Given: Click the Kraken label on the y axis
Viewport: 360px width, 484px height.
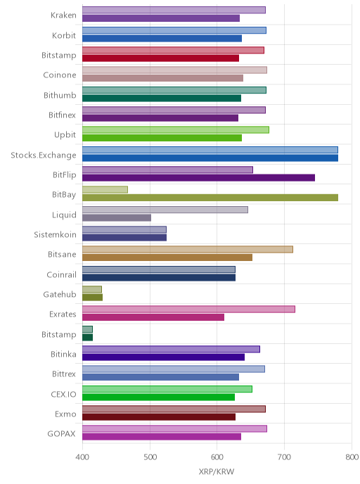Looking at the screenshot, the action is [63, 15].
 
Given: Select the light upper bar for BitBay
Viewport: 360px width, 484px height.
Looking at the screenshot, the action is [105, 189].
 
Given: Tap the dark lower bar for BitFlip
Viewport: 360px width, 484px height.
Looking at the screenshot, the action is [199, 178].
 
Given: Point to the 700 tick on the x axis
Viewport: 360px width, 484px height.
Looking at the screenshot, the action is [284, 457].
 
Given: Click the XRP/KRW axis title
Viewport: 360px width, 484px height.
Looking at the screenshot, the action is [217, 471].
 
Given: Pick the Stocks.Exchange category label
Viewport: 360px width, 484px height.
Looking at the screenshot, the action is [43, 155].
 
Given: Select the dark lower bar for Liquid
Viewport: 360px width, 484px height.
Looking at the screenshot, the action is [117, 217].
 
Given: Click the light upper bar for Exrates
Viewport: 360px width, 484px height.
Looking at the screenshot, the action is [188, 309].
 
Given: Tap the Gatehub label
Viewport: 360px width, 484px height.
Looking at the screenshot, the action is [60, 295].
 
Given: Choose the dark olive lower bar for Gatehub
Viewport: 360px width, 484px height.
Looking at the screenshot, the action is [92, 298].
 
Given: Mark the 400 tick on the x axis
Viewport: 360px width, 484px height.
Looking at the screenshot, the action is [82, 457].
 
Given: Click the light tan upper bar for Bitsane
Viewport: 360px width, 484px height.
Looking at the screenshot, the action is [188, 250].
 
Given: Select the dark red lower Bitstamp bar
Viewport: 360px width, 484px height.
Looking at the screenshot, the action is [160, 58].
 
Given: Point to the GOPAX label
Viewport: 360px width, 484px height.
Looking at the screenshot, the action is [61, 434].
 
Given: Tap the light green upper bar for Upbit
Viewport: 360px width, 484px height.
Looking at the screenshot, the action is [176, 129].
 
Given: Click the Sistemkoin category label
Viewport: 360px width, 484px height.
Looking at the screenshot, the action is [55, 234].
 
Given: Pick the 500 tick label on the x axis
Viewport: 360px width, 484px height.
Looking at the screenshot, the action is [150, 457].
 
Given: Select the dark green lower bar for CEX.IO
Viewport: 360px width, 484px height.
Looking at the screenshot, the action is [158, 397].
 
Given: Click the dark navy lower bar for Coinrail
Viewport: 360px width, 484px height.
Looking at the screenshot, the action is [159, 277].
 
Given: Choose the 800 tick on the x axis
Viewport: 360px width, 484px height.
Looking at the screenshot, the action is [352, 457].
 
